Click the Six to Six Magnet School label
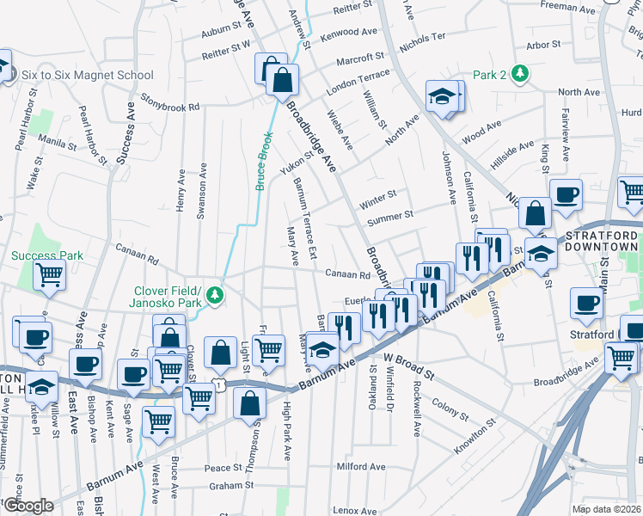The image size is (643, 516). (86, 75)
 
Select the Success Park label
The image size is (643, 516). (47, 255)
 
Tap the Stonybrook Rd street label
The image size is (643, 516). (170, 102)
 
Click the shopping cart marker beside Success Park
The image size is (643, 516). (50, 275)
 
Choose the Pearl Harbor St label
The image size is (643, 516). (92, 133)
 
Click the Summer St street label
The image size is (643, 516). (390, 215)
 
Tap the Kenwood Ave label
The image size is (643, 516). (348, 34)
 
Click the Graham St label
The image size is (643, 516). (228, 486)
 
